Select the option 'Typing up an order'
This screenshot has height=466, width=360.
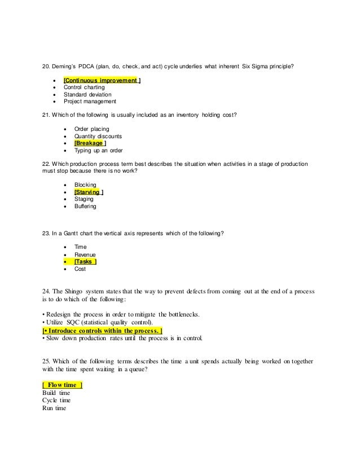coord(98,151)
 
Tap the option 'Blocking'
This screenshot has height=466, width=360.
coord(85,184)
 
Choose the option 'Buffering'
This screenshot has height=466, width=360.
coord(86,206)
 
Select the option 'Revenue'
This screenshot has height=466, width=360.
coord(86,255)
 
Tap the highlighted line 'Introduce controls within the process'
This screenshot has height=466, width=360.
coord(102,329)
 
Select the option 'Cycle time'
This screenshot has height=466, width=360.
coord(56,400)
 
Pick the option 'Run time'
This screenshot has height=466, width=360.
coord(54,408)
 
